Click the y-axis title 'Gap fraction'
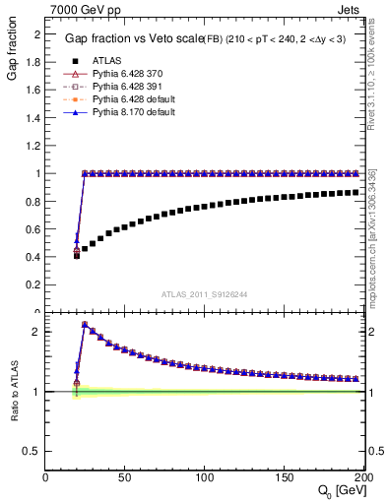pyautogui.click(x=13, y=54)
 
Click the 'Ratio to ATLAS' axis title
pyautogui.click(x=13, y=392)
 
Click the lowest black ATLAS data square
pyautogui.click(x=77, y=255)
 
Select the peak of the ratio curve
pyautogui.click(x=85, y=324)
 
